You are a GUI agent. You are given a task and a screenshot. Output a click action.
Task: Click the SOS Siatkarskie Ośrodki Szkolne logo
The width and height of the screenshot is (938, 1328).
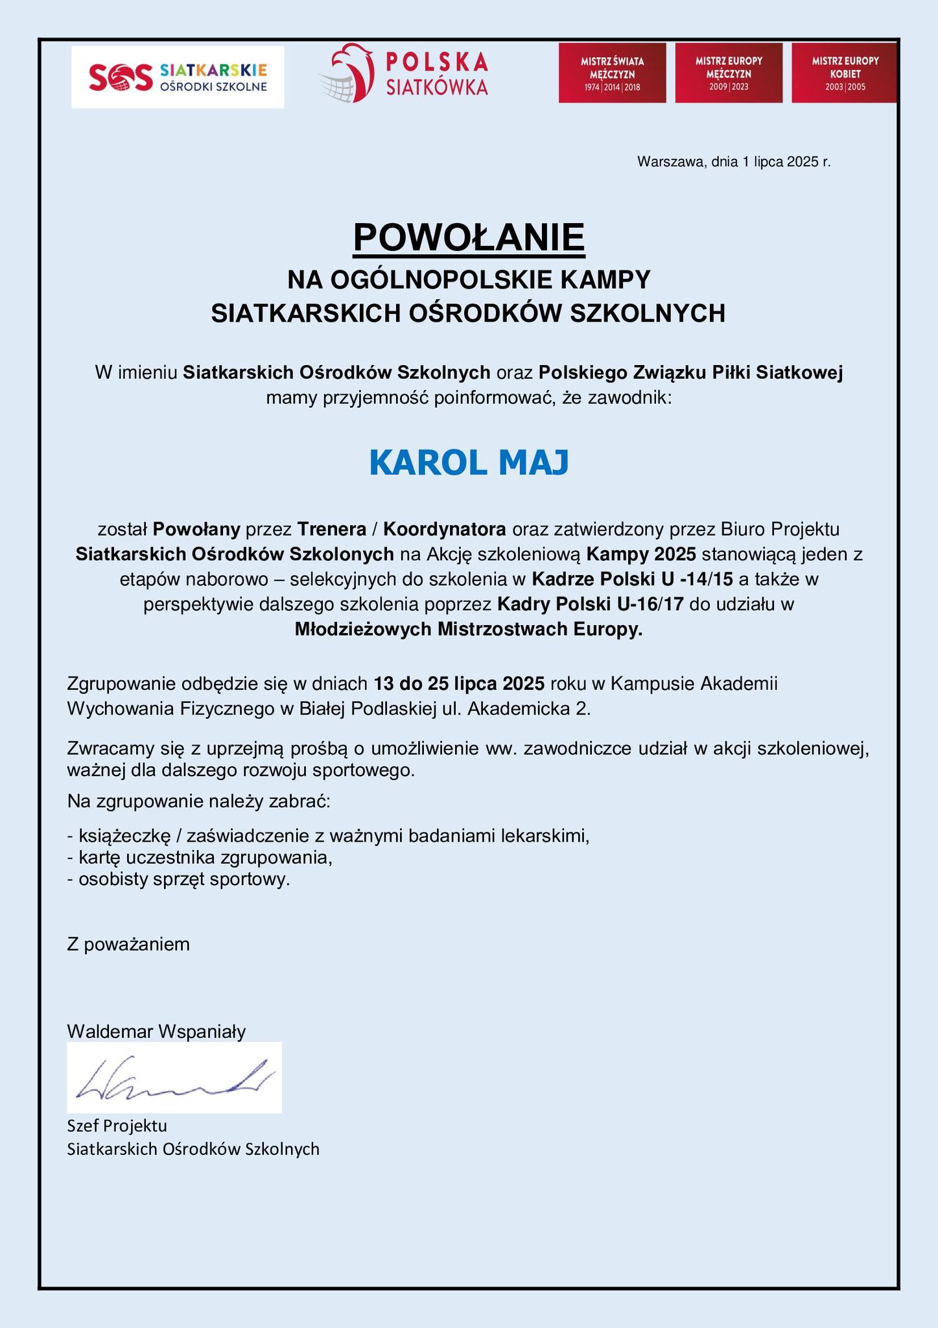point(177,77)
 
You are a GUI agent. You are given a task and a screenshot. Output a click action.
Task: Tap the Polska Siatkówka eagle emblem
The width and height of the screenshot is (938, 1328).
point(347,73)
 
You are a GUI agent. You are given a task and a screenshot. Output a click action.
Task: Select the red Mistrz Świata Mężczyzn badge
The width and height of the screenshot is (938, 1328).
point(612,73)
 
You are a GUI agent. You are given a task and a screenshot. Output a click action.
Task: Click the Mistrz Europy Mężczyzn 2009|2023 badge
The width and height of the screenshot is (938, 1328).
point(729,73)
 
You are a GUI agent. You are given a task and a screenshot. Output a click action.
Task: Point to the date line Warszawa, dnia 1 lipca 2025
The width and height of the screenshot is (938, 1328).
point(734,162)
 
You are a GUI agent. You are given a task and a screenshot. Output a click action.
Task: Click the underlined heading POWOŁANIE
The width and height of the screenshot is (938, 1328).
point(469,237)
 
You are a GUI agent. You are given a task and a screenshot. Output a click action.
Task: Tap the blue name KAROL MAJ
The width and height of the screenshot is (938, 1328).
point(469,462)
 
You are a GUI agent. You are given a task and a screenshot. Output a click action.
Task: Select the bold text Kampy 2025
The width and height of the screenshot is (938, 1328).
point(641,554)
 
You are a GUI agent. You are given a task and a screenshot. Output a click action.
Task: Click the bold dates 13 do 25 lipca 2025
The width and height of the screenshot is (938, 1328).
point(459,683)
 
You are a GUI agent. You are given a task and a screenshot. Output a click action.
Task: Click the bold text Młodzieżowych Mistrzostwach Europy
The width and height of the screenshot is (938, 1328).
point(469,629)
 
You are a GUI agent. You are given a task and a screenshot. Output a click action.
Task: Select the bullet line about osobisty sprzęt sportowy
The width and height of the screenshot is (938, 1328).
point(179,880)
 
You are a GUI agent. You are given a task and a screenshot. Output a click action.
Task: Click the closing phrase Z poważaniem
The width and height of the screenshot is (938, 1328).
point(128,944)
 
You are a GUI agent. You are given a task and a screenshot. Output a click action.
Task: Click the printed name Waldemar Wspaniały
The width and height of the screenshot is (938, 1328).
point(156,1032)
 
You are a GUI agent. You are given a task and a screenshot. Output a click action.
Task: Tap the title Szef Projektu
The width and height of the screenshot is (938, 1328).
point(117,1125)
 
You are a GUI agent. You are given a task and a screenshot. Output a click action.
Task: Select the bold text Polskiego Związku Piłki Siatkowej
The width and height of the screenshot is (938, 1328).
point(690,373)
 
